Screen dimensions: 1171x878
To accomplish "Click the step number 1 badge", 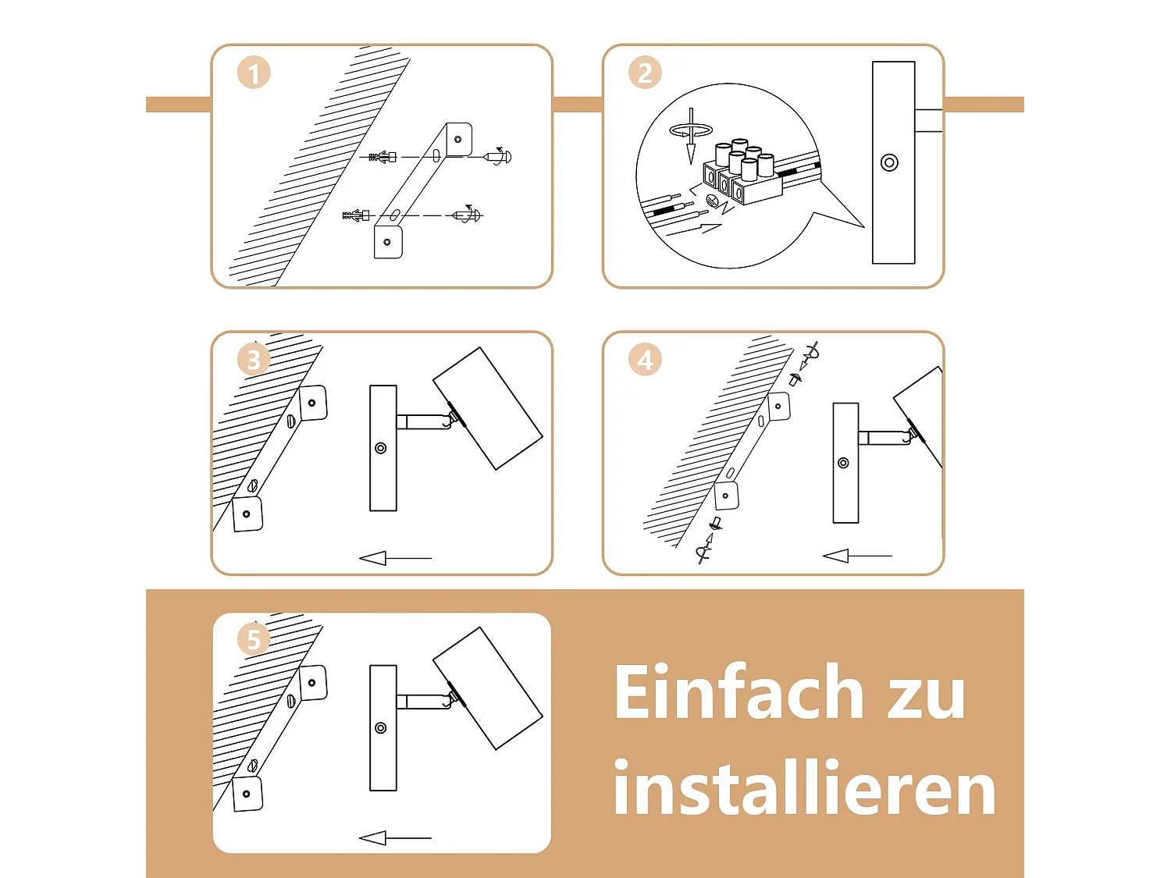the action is click(254, 73).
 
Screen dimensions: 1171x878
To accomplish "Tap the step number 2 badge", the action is click(645, 73).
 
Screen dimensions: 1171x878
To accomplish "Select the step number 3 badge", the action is click(254, 359).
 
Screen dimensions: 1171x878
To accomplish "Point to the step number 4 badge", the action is click(645, 359).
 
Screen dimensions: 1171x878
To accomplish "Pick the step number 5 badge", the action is click(254, 639).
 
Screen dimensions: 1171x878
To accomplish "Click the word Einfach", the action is click(739, 691).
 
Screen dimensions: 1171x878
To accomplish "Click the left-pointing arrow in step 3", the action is click(395, 558).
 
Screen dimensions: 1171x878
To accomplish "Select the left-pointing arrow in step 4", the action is click(857, 556).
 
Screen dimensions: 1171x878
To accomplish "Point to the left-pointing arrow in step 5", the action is click(395, 838).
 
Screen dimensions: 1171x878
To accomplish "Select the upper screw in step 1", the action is click(497, 157).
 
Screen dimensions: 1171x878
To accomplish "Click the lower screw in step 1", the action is click(468, 215).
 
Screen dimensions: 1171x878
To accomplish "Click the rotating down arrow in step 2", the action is click(692, 135).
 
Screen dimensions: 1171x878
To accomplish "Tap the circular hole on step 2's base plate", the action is click(889, 162).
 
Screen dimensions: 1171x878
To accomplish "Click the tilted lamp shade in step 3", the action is click(488, 409).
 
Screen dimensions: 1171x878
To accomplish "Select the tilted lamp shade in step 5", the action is click(488, 689).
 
